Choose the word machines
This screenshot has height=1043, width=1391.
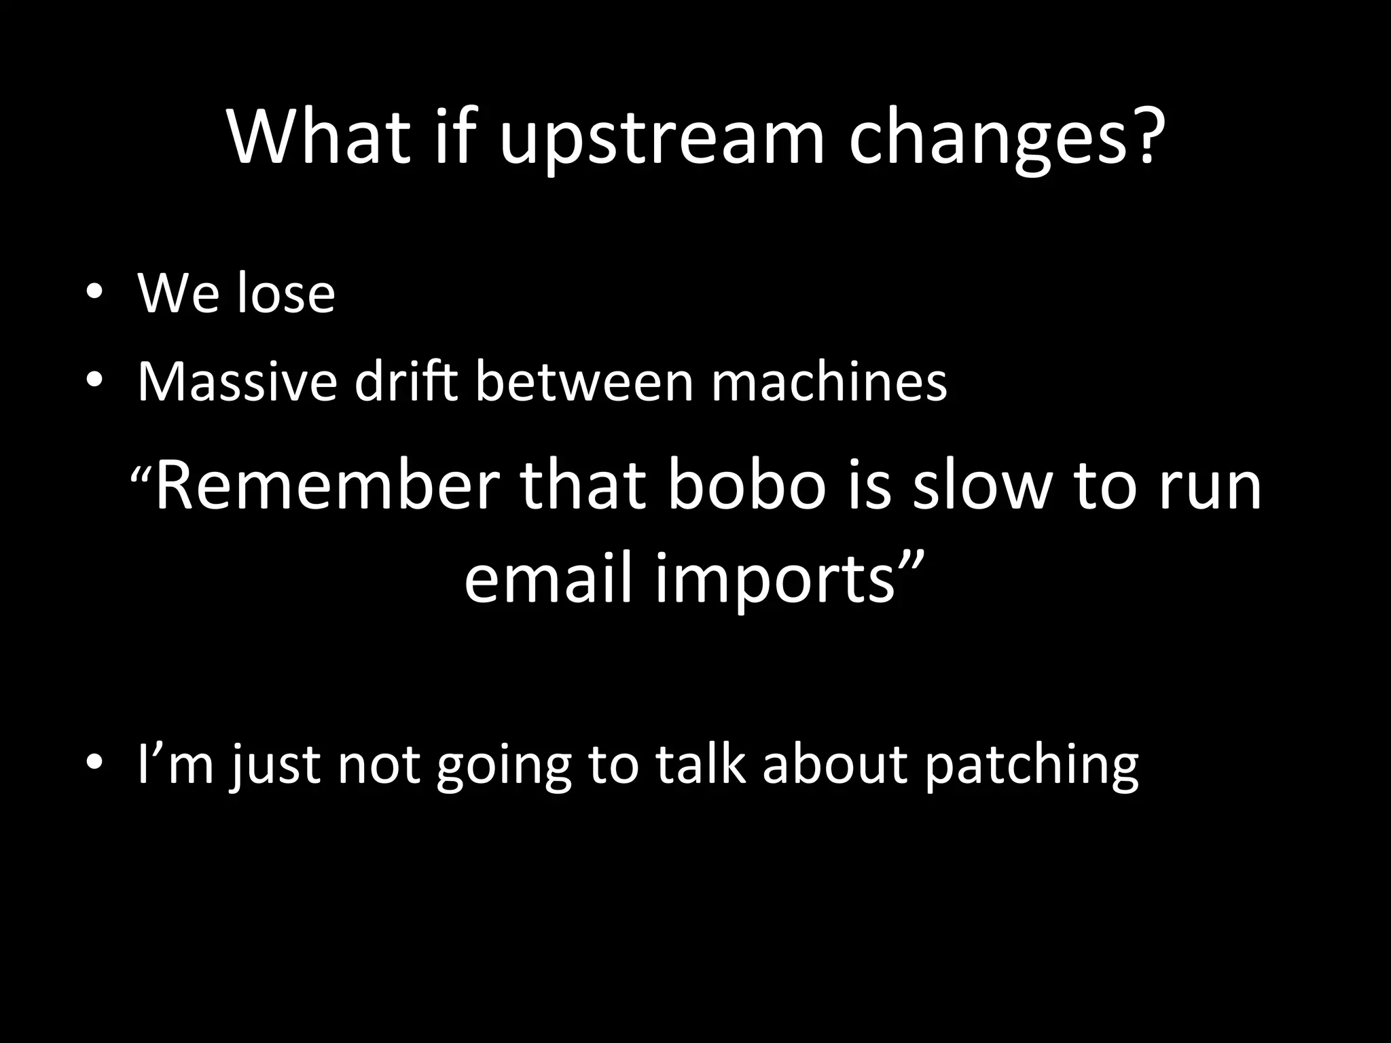tap(829, 382)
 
